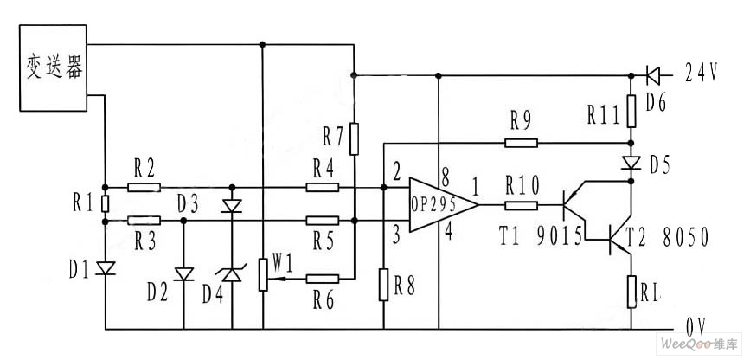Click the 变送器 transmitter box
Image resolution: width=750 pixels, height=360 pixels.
[54, 68]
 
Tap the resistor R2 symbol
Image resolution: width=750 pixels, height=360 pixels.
[143, 187]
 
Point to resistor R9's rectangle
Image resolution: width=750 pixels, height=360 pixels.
[520, 143]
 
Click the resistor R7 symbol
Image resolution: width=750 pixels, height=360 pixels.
[353, 138]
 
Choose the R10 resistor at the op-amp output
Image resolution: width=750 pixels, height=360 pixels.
[521, 205]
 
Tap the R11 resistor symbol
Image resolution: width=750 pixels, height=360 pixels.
[631, 113]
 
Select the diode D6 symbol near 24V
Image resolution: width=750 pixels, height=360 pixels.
[653, 74]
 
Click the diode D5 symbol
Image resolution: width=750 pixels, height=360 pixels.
[631, 163]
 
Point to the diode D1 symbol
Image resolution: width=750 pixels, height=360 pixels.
[105, 268]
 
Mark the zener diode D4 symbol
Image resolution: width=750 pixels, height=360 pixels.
[232, 274]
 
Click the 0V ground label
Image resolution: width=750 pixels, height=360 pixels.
[697, 327]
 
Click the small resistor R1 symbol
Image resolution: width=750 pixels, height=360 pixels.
[105, 203]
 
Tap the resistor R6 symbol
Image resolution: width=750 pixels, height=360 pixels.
[322, 279]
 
